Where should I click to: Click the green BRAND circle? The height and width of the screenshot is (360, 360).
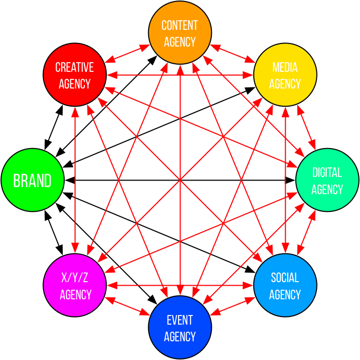(33, 180)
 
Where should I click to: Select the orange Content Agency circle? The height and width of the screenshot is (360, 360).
(180, 33)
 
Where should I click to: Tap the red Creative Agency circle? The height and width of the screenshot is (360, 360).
(75, 75)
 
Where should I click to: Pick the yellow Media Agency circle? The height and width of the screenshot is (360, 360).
(285, 75)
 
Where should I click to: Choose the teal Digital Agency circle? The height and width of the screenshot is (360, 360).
(327, 180)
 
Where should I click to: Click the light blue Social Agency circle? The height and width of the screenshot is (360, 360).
(285, 285)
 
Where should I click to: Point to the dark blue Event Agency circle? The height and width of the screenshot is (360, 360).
(180, 327)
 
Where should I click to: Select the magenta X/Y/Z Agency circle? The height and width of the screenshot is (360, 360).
(75, 285)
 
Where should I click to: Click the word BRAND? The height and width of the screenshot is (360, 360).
(32, 181)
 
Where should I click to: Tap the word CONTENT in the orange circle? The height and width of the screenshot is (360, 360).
(180, 25)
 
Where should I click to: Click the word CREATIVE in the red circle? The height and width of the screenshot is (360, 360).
(75, 67)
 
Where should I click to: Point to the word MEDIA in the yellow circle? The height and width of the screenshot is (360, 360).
(285, 67)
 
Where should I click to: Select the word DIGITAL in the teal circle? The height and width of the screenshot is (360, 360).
(327, 172)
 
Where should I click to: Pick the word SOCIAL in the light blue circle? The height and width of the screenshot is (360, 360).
(285, 278)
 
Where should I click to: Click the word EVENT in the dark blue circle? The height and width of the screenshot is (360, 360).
(180, 320)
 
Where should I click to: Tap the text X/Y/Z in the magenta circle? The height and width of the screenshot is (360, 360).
(75, 278)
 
